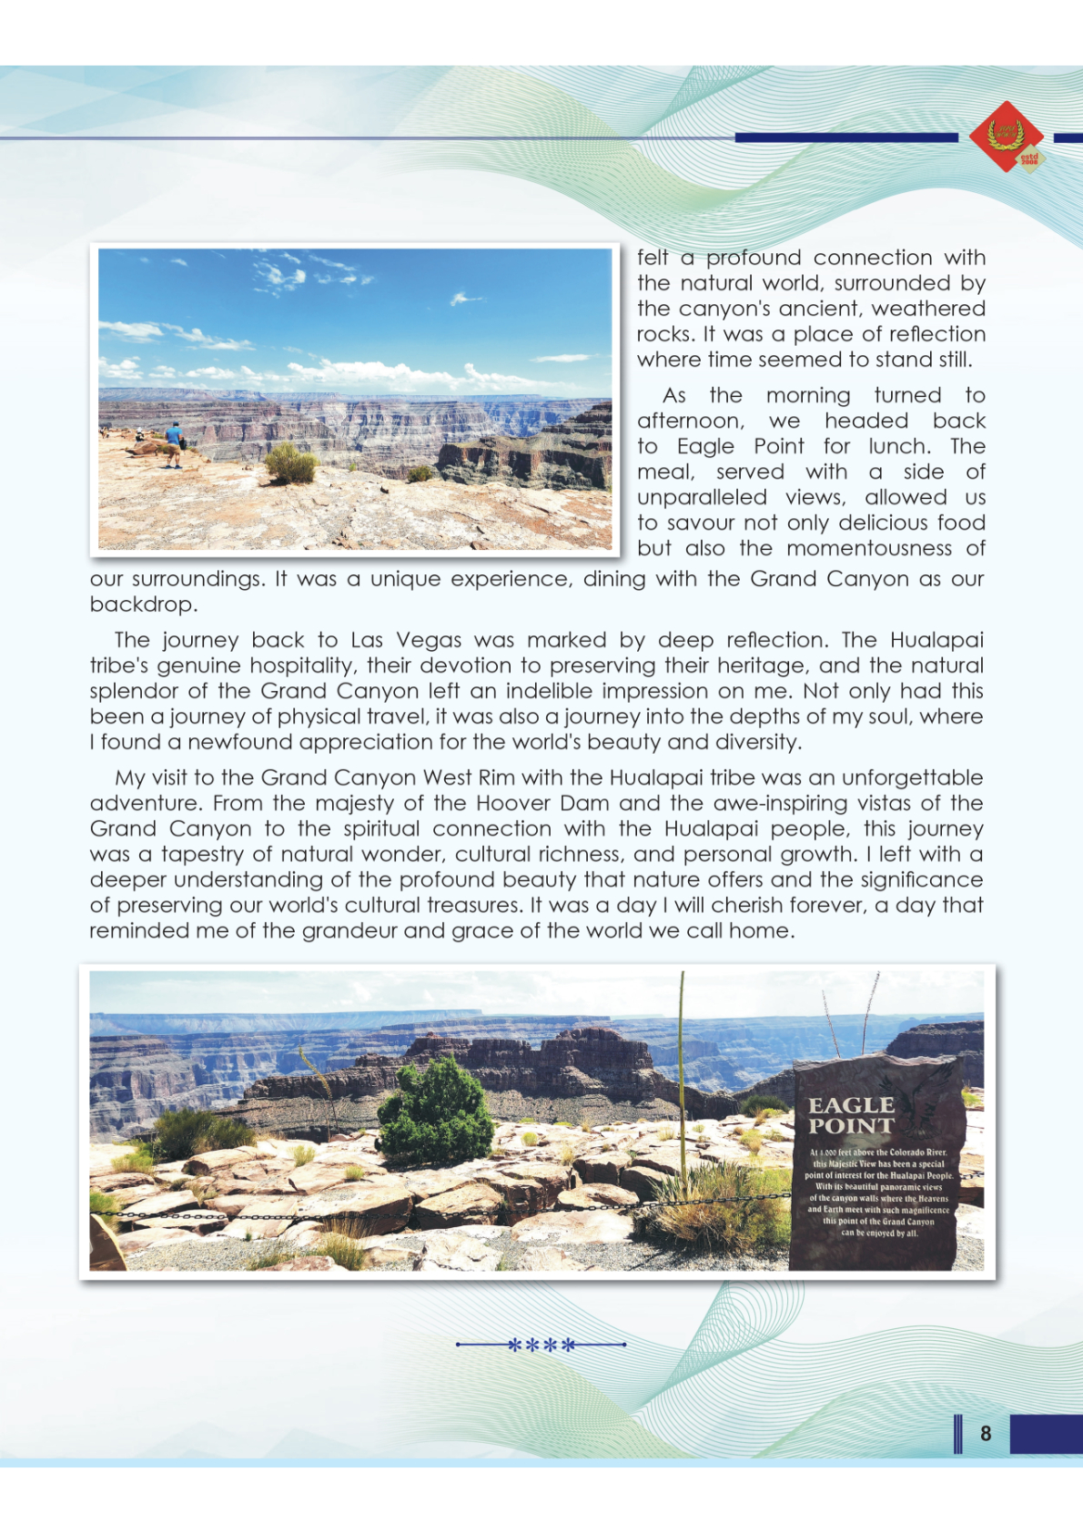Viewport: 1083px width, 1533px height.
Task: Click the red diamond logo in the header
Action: (1006, 137)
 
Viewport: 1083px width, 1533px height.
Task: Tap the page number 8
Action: (986, 1433)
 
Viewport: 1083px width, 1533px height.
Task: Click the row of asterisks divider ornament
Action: (541, 1345)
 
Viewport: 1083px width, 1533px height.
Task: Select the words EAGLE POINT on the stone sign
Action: (852, 1115)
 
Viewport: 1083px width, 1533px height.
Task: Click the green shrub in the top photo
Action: (290, 463)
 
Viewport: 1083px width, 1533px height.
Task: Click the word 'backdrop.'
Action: (143, 604)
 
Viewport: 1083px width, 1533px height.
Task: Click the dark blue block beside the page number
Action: (1046, 1433)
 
